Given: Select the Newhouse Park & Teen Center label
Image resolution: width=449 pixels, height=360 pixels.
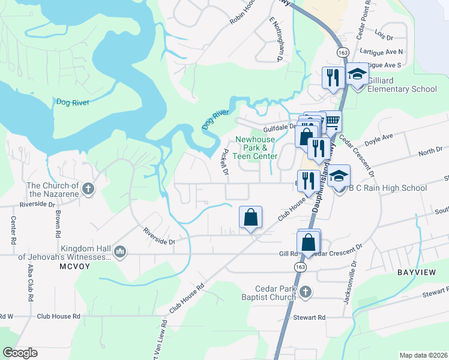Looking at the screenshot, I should pyautogui.click(x=256, y=148).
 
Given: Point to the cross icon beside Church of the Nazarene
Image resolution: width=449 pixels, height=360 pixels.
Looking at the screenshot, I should pyautogui.click(x=88, y=189).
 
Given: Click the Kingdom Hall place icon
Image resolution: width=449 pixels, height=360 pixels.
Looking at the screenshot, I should pyautogui.click(x=119, y=251).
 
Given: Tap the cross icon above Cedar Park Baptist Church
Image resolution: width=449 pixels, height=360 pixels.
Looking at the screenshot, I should pyautogui.click(x=306, y=292).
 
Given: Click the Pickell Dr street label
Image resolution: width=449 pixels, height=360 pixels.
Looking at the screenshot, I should pyautogui.click(x=226, y=162).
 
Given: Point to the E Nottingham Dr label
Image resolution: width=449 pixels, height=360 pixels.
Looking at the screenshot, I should pyautogui.click(x=276, y=40).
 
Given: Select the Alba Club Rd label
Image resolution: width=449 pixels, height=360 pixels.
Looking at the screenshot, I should pyautogui.click(x=29, y=284).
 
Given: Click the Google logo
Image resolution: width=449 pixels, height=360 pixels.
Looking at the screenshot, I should pyautogui.click(x=20, y=353).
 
